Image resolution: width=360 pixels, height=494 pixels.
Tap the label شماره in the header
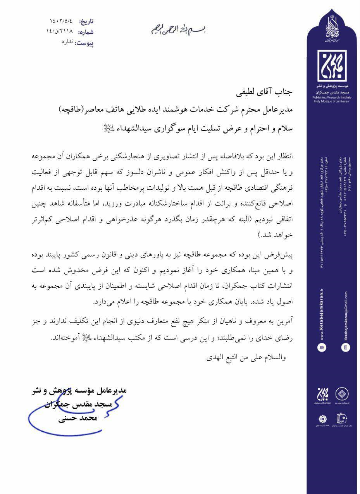coord(86,32)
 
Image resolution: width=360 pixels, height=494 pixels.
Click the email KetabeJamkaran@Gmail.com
coord(345,316)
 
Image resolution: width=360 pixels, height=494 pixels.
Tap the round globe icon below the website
coord(322,348)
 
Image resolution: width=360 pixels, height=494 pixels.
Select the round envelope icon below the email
coord(345,348)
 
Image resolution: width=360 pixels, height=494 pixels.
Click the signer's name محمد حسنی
coord(78,418)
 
